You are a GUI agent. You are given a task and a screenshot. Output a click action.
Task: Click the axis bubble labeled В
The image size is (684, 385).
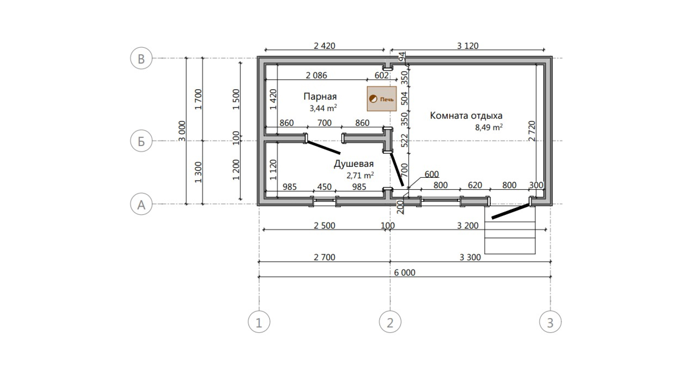(x=141, y=58)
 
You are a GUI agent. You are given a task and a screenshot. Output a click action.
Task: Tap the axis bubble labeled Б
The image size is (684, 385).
(x=141, y=141)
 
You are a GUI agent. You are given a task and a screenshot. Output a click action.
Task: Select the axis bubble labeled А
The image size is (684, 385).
(x=141, y=204)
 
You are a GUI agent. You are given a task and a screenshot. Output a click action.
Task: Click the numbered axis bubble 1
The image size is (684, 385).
(x=259, y=322)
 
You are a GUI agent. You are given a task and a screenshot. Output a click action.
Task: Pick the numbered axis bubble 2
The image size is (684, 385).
(x=390, y=322)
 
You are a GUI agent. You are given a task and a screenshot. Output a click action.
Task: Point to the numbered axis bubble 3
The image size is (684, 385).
(x=550, y=322)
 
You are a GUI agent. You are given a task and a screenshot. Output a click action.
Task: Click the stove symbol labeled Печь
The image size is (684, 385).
(x=382, y=99)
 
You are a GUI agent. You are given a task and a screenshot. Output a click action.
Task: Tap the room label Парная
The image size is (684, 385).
(x=320, y=97)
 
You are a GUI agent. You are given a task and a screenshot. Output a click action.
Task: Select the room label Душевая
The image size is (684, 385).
(x=354, y=164)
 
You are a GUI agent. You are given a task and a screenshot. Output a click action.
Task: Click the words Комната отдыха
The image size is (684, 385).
(x=466, y=116)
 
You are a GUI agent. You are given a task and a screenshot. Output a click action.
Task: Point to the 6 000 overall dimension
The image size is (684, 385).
(x=404, y=272)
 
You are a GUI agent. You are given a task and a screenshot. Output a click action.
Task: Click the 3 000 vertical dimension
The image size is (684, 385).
(x=182, y=131)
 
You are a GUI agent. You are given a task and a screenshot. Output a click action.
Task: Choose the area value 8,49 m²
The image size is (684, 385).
(x=489, y=127)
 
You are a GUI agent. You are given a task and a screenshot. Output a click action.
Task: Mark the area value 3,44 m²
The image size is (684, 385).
(x=323, y=108)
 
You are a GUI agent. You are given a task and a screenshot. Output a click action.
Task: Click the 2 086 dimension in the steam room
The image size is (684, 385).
(x=316, y=75)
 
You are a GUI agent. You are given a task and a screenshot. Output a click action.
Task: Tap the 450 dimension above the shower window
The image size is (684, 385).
(x=324, y=186)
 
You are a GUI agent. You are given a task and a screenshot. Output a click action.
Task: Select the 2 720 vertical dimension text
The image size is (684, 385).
(x=532, y=131)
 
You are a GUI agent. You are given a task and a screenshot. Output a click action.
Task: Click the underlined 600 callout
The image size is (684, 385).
(x=432, y=174)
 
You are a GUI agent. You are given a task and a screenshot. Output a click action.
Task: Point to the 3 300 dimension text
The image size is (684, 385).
(x=470, y=257)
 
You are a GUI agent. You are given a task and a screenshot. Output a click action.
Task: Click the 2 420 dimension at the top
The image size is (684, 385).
(x=324, y=46)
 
